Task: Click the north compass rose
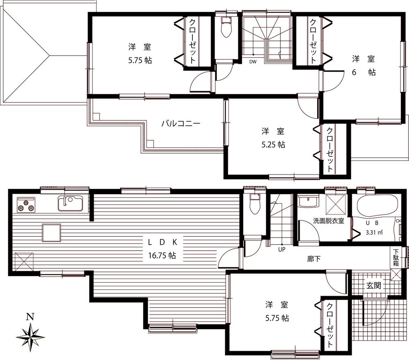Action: click(31, 336)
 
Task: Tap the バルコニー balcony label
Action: click(181, 123)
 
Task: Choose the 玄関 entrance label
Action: click(373, 285)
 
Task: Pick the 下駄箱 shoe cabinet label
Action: click(396, 258)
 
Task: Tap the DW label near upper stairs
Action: click(253, 62)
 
